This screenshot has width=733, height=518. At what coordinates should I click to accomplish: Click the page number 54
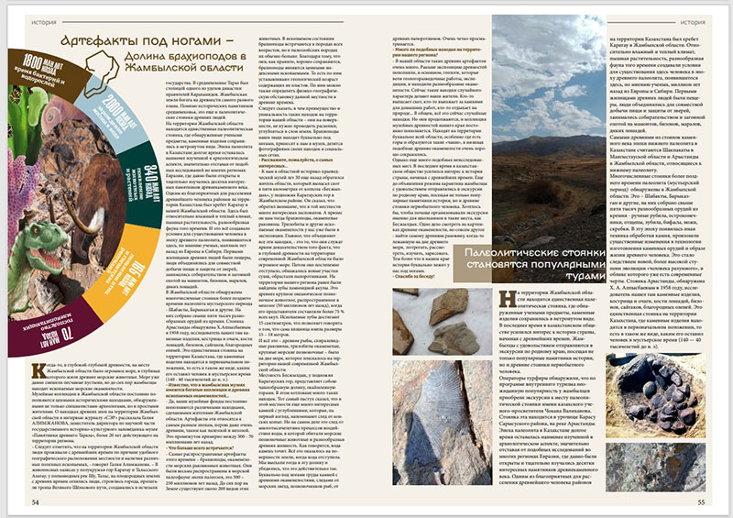[x=36, y=502]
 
